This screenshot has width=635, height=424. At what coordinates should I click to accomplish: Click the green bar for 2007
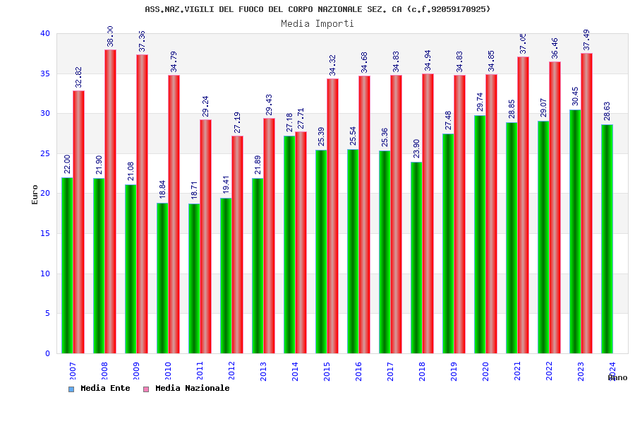[x=67, y=265]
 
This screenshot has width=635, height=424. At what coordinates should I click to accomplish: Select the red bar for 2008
[x=110, y=201]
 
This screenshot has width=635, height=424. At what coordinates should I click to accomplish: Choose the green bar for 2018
[x=416, y=257]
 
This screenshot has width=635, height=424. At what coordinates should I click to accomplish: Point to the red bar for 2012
[x=237, y=245]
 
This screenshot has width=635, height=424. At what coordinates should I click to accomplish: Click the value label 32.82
[x=79, y=77]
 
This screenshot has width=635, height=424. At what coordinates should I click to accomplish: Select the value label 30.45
[x=575, y=96]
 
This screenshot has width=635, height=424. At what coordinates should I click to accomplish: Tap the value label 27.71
[x=301, y=118]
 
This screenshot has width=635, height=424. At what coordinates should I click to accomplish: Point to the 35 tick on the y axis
[x=45, y=73]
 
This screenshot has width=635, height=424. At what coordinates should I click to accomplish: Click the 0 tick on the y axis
[x=47, y=353]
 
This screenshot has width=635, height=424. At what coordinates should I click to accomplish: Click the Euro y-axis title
[x=35, y=194]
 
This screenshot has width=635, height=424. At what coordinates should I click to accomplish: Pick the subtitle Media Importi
[x=317, y=23]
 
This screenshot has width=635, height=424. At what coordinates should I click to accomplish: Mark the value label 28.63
[x=607, y=111]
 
